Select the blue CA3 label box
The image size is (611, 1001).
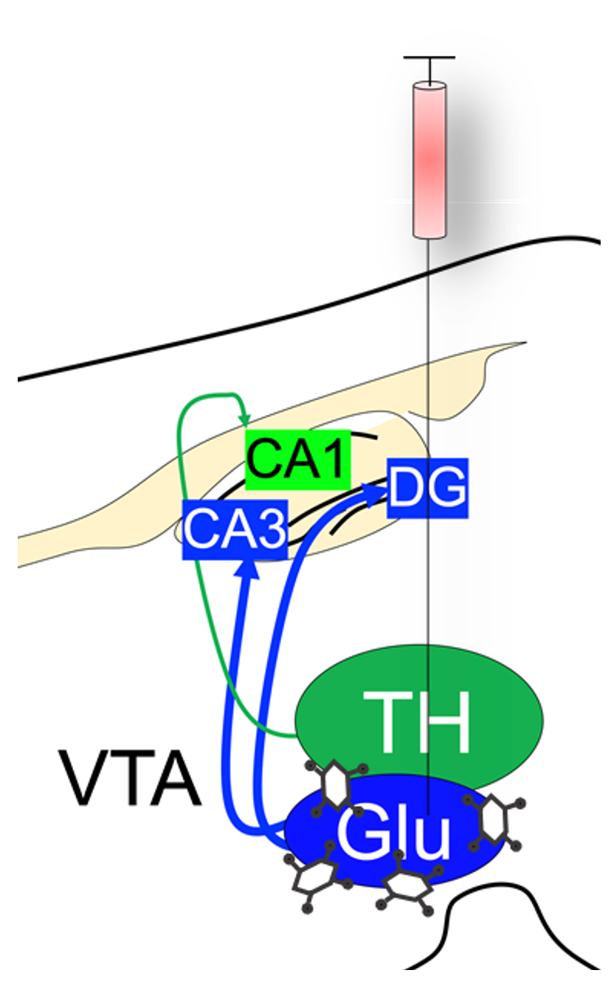click(235, 529)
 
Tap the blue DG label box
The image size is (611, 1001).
click(428, 488)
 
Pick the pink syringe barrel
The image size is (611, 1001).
click(429, 160)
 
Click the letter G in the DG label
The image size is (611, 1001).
click(445, 488)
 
